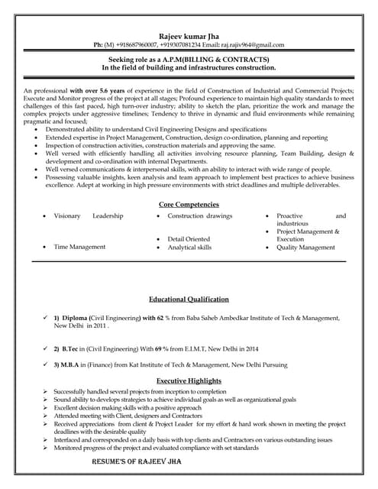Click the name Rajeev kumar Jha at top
pos(189,35)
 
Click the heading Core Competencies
pos(189,205)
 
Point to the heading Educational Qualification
pos(189,300)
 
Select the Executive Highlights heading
pos(189,381)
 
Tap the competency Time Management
pos(79,248)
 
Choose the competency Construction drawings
pos(200,216)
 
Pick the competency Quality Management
pos(305,248)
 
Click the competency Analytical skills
pos(190,248)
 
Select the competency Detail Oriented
pos(189,239)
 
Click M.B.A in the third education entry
pos(73,367)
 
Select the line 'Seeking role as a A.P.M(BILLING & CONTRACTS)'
pos(189,59)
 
